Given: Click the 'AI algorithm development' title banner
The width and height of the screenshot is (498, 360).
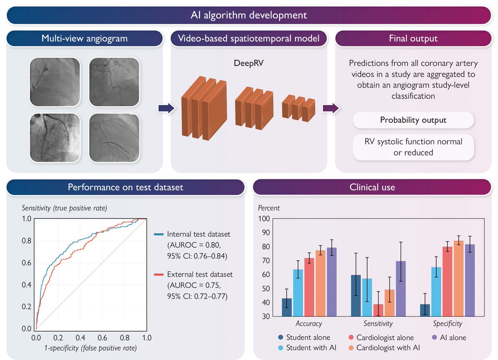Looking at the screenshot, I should [249, 15].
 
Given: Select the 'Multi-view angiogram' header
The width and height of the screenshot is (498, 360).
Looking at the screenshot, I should [84, 39].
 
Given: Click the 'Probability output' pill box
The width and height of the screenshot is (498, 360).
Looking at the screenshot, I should [413, 120].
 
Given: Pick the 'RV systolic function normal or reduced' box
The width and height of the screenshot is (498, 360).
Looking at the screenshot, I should [413, 147].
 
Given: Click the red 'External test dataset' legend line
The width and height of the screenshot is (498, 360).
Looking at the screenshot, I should [157, 274].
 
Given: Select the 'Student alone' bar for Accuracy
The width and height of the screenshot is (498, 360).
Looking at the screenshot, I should [287, 307].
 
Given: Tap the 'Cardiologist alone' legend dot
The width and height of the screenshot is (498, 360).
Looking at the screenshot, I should [350, 338].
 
